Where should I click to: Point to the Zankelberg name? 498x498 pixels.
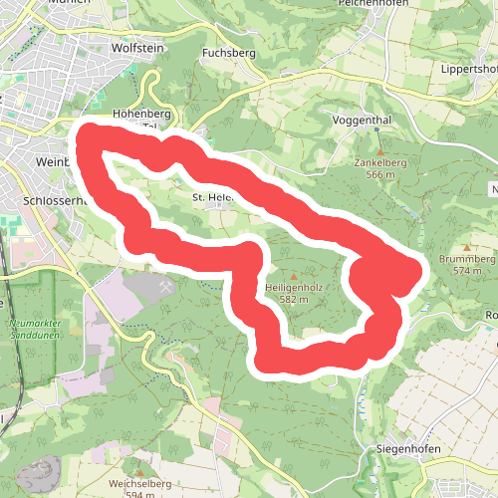(x=379, y=163)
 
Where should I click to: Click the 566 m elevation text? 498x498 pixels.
(x=379, y=175)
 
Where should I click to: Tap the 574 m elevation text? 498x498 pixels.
(x=467, y=270)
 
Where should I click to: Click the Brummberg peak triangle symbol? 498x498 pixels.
(x=467, y=247)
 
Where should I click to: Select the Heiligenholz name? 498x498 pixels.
(x=293, y=287)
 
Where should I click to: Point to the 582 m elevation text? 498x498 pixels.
(x=293, y=299)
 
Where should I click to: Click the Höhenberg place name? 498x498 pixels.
(x=136, y=114)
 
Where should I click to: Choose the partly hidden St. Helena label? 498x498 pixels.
(x=212, y=197)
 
